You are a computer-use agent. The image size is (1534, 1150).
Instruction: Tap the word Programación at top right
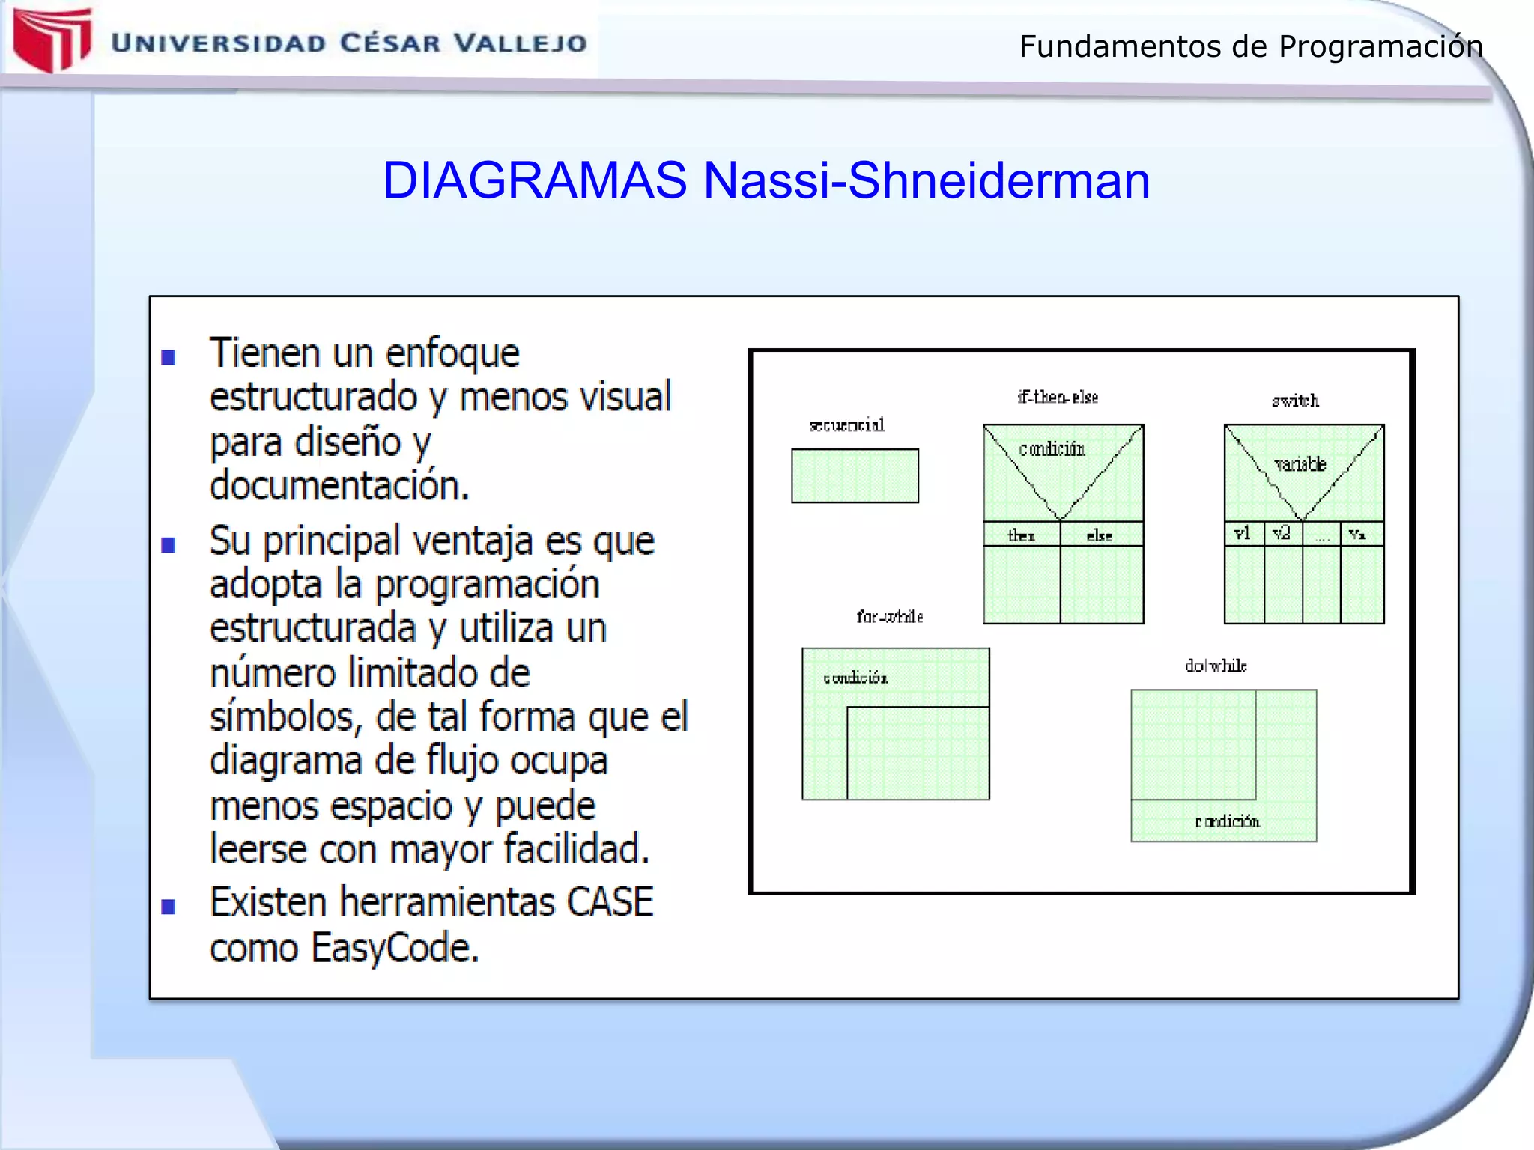tap(1380, 47)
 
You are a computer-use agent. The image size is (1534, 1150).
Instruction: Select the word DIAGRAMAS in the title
tap(534, 180)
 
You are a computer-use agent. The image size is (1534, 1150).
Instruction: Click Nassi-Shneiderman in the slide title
tap(926, 180)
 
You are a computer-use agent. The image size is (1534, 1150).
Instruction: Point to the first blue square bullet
tap(169, 357)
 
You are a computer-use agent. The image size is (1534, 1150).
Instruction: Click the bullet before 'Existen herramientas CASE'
tap(169, 907)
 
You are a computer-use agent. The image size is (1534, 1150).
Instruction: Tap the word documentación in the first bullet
tap(339, 486)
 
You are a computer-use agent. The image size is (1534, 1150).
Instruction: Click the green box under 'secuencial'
tap(855, 475)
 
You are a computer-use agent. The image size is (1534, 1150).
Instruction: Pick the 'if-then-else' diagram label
tap(1058, 397)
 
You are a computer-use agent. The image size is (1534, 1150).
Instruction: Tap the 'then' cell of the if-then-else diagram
tap(1021, 535)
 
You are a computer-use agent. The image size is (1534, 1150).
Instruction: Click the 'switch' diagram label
tap(1295, 401)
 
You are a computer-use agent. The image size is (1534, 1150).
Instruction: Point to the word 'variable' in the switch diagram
tap(1300, 464)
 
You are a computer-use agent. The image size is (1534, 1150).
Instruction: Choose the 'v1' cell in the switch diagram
tap(1243, 533)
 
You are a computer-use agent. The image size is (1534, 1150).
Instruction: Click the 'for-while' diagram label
tap(889, 616)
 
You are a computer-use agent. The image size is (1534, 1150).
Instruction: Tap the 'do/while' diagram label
tap(1215, 666)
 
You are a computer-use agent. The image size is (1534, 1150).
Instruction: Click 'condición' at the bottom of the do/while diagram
tap(1227, 821)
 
